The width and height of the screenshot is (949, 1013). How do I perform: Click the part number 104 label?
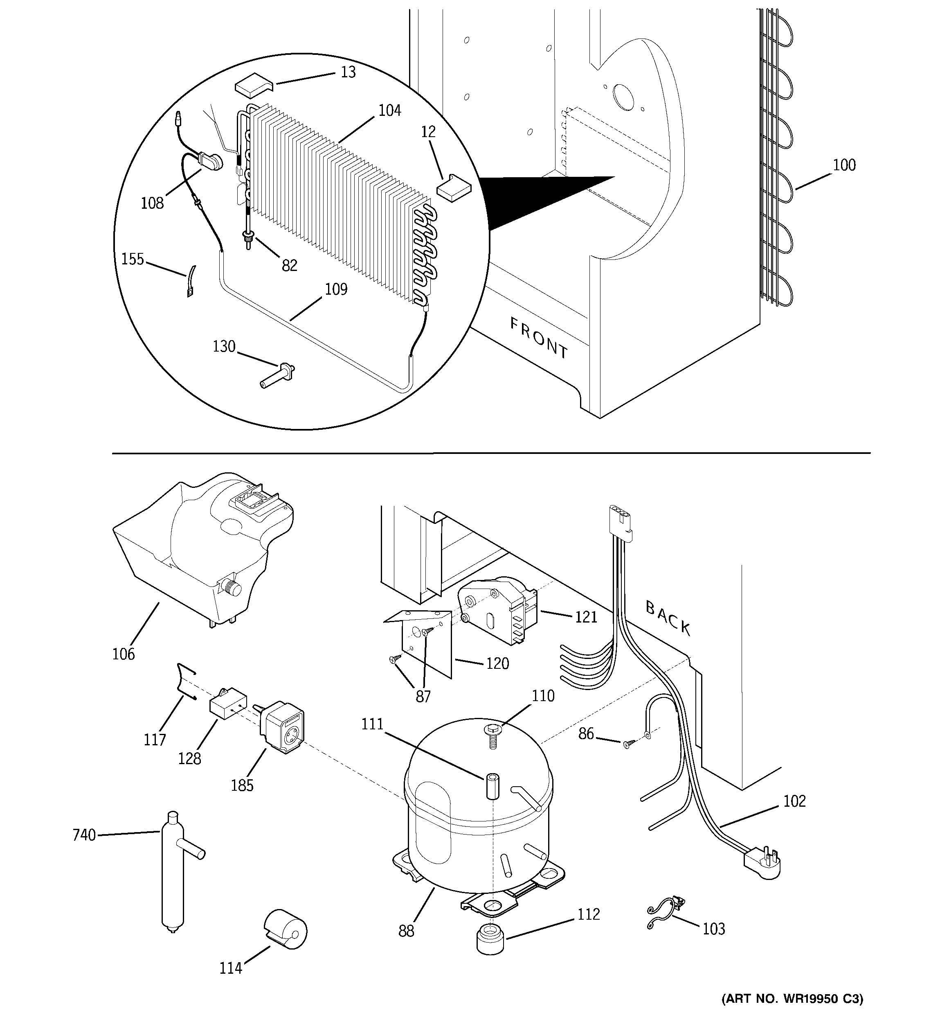(390, 111)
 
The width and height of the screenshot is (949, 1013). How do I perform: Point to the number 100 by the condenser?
(844, 165)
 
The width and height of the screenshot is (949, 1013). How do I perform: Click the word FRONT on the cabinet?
(539, 338)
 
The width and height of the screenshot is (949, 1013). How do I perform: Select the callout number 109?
(336, 289)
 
